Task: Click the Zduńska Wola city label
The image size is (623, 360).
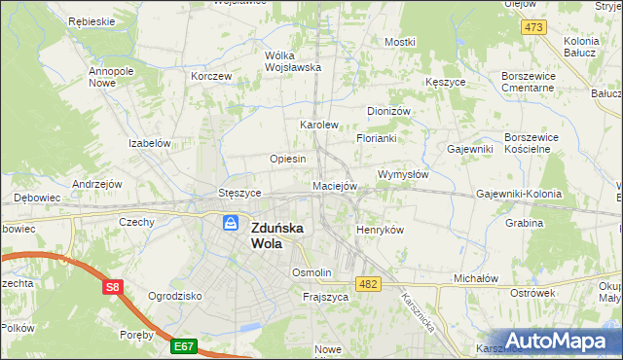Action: tap(281, 235)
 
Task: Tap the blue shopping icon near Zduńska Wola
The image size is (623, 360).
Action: tap(231, 224)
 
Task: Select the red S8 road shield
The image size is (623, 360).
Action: tap(113, 287)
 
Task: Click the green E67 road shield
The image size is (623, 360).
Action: tap(184, 344)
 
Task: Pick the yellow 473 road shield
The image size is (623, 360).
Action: tap(532, 27)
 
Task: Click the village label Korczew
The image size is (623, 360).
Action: tap(211, 76)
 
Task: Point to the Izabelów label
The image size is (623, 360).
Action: tap(150, 142)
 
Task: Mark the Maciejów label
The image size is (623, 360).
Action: tap(336, 185)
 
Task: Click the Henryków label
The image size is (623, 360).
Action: tap(380, 229)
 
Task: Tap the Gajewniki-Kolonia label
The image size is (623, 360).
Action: tap(519, 194)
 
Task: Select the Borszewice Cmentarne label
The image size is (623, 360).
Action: tap(528, 81)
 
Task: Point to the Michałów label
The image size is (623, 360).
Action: tap(476, 277)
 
